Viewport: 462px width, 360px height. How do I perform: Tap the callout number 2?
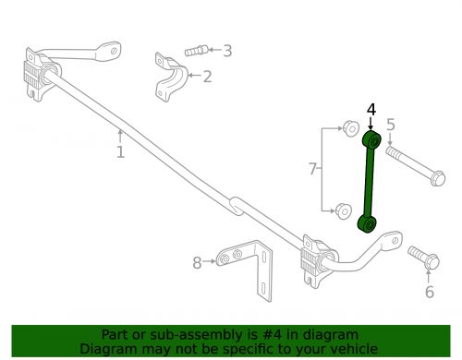(207, 77)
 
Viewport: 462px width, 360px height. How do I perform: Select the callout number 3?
(227, 52)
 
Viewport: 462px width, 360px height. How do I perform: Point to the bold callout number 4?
(371, 110)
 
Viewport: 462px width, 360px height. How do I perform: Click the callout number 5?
(390, 125)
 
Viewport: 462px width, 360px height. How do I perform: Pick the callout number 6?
(428, 293)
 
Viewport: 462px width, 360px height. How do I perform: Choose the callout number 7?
(313, 168)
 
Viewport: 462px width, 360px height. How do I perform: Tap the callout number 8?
(197, 263)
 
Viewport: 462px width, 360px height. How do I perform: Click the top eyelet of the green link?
(371, 141)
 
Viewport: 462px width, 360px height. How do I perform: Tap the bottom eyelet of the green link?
(367, 223)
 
